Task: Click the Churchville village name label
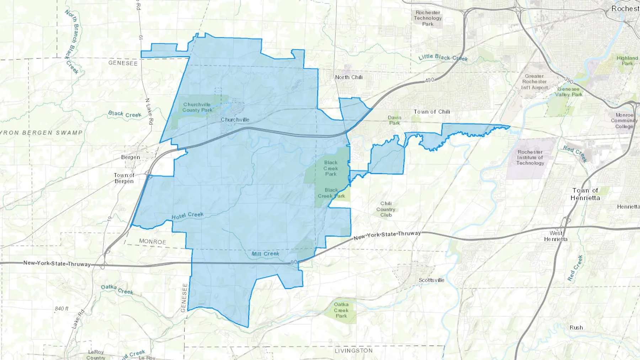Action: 235,120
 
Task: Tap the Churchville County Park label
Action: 197,107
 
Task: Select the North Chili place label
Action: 348,77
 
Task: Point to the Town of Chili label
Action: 432,112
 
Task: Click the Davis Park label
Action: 394,120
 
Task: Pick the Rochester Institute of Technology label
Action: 530,157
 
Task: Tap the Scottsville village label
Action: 431,280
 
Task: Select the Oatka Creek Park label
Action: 341,310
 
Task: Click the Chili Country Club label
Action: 386,209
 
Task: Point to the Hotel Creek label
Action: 187,216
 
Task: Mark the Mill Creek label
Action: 265,254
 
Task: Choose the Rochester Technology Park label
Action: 428,18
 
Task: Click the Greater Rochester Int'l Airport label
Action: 534,82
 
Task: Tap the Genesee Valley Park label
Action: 569,92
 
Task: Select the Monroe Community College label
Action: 624,121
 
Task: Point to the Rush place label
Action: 576,328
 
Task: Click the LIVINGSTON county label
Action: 353,350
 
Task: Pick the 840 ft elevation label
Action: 62,308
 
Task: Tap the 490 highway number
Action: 430,80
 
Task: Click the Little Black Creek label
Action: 443,58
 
